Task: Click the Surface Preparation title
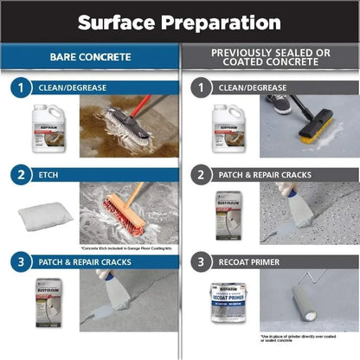tap(180, 22)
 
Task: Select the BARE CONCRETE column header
tap(90, 58)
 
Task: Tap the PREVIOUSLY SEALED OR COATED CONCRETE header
tap(270, 58)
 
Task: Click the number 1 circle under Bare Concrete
tap(20, 87)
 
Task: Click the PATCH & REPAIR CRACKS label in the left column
tap(83, 260)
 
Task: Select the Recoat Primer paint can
tap(227, 303)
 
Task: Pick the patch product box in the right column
tap(228, 215)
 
